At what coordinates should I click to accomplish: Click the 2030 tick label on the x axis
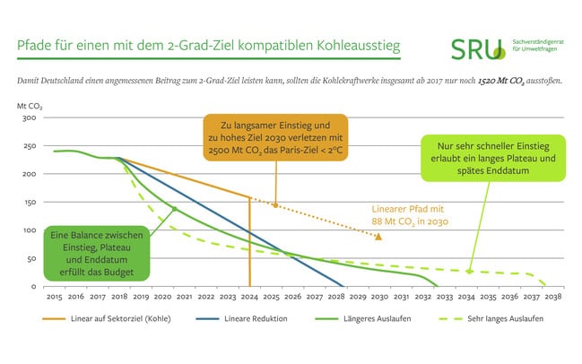[379, 296]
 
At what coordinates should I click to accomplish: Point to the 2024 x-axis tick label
[249, 296]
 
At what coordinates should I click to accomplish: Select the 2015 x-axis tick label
[54, 296]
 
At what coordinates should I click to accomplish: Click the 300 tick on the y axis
[29, 117]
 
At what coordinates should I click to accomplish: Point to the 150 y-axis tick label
[29, 203]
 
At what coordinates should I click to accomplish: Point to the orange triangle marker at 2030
[379, 237]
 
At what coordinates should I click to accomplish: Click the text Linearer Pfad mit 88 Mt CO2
[410, 215]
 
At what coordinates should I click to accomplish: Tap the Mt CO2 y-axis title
[30, 106]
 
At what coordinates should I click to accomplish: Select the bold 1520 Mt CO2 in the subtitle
[509, 81]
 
